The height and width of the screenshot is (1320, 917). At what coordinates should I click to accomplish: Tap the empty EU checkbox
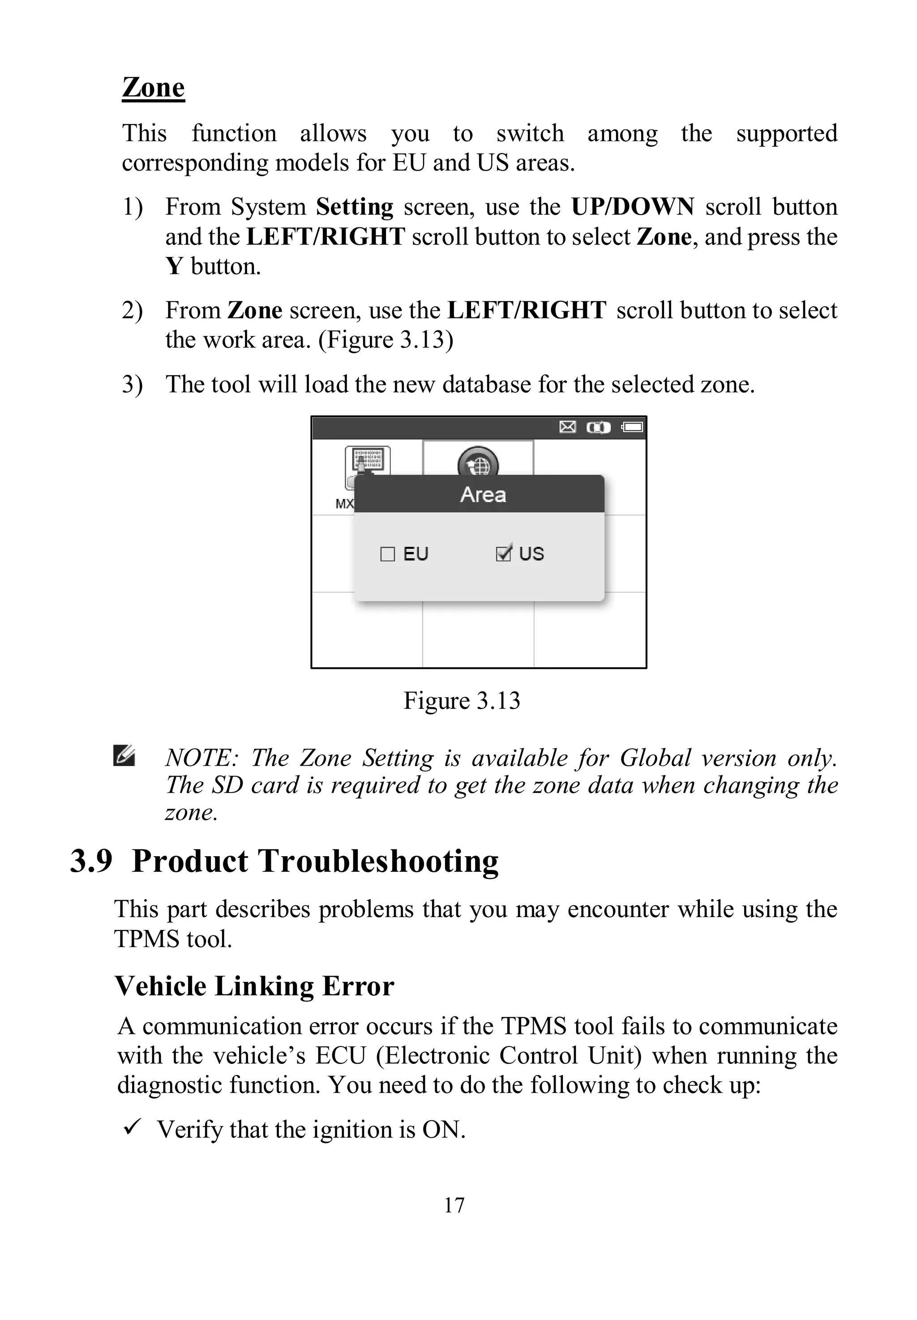point(388,554)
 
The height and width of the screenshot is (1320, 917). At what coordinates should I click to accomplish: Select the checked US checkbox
point(503,554)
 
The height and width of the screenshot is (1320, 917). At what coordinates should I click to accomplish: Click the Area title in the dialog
point(483,495)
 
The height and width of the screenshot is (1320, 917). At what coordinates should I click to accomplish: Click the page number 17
point(454,1205)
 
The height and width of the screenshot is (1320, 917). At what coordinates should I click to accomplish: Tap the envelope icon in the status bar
point(567,427)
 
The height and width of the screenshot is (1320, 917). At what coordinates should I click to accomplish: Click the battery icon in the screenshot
point(633,427)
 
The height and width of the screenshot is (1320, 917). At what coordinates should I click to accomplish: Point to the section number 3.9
point(91,861)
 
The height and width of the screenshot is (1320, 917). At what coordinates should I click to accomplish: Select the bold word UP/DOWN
point(632,207)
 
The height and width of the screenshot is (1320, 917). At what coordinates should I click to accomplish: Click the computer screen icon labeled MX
point(367,463)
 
